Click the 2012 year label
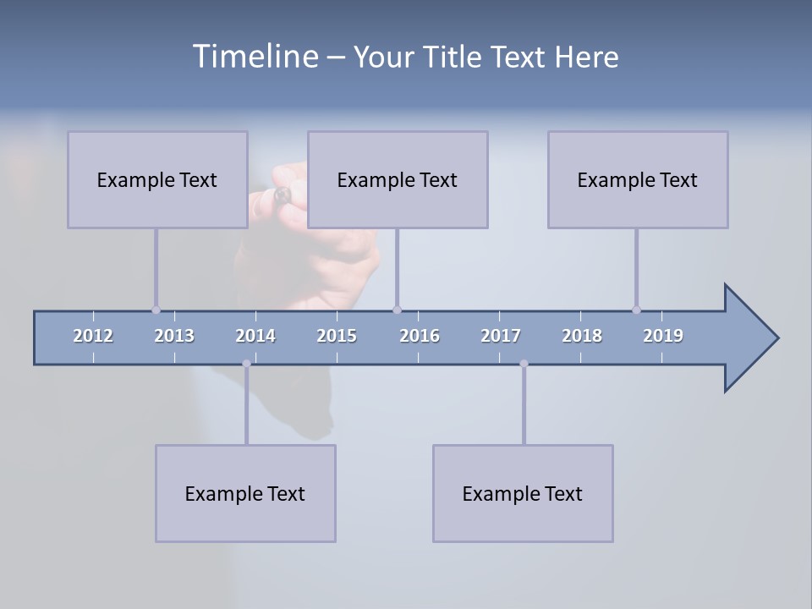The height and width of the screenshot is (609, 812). click(93, 336)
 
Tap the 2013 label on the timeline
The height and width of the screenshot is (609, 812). click(174, 336)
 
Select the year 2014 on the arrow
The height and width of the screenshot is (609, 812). click(255, 336)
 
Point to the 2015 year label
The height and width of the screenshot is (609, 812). click(337, 336)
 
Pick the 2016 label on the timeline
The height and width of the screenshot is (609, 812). click(420, 336)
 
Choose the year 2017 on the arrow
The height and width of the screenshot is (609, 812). click(501, 336)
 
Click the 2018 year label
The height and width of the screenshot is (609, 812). click(582, 336)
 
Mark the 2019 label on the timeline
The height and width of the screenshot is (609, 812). click(663, 336)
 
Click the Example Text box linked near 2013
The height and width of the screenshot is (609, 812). click(157, 179)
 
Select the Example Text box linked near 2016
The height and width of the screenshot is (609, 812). click(398, 179)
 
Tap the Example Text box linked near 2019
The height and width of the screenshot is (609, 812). click(638, 179)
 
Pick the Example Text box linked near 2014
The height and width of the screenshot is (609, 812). click(245, 493)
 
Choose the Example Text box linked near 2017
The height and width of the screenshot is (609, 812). click(523, 493)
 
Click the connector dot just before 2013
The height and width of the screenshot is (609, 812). click(156, 310)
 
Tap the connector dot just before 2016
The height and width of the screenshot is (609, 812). click(397, 310)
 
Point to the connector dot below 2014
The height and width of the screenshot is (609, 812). click(246, 364)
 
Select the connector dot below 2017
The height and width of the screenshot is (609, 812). click(524, 364)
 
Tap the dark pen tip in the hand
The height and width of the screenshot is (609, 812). click(282, 195)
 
